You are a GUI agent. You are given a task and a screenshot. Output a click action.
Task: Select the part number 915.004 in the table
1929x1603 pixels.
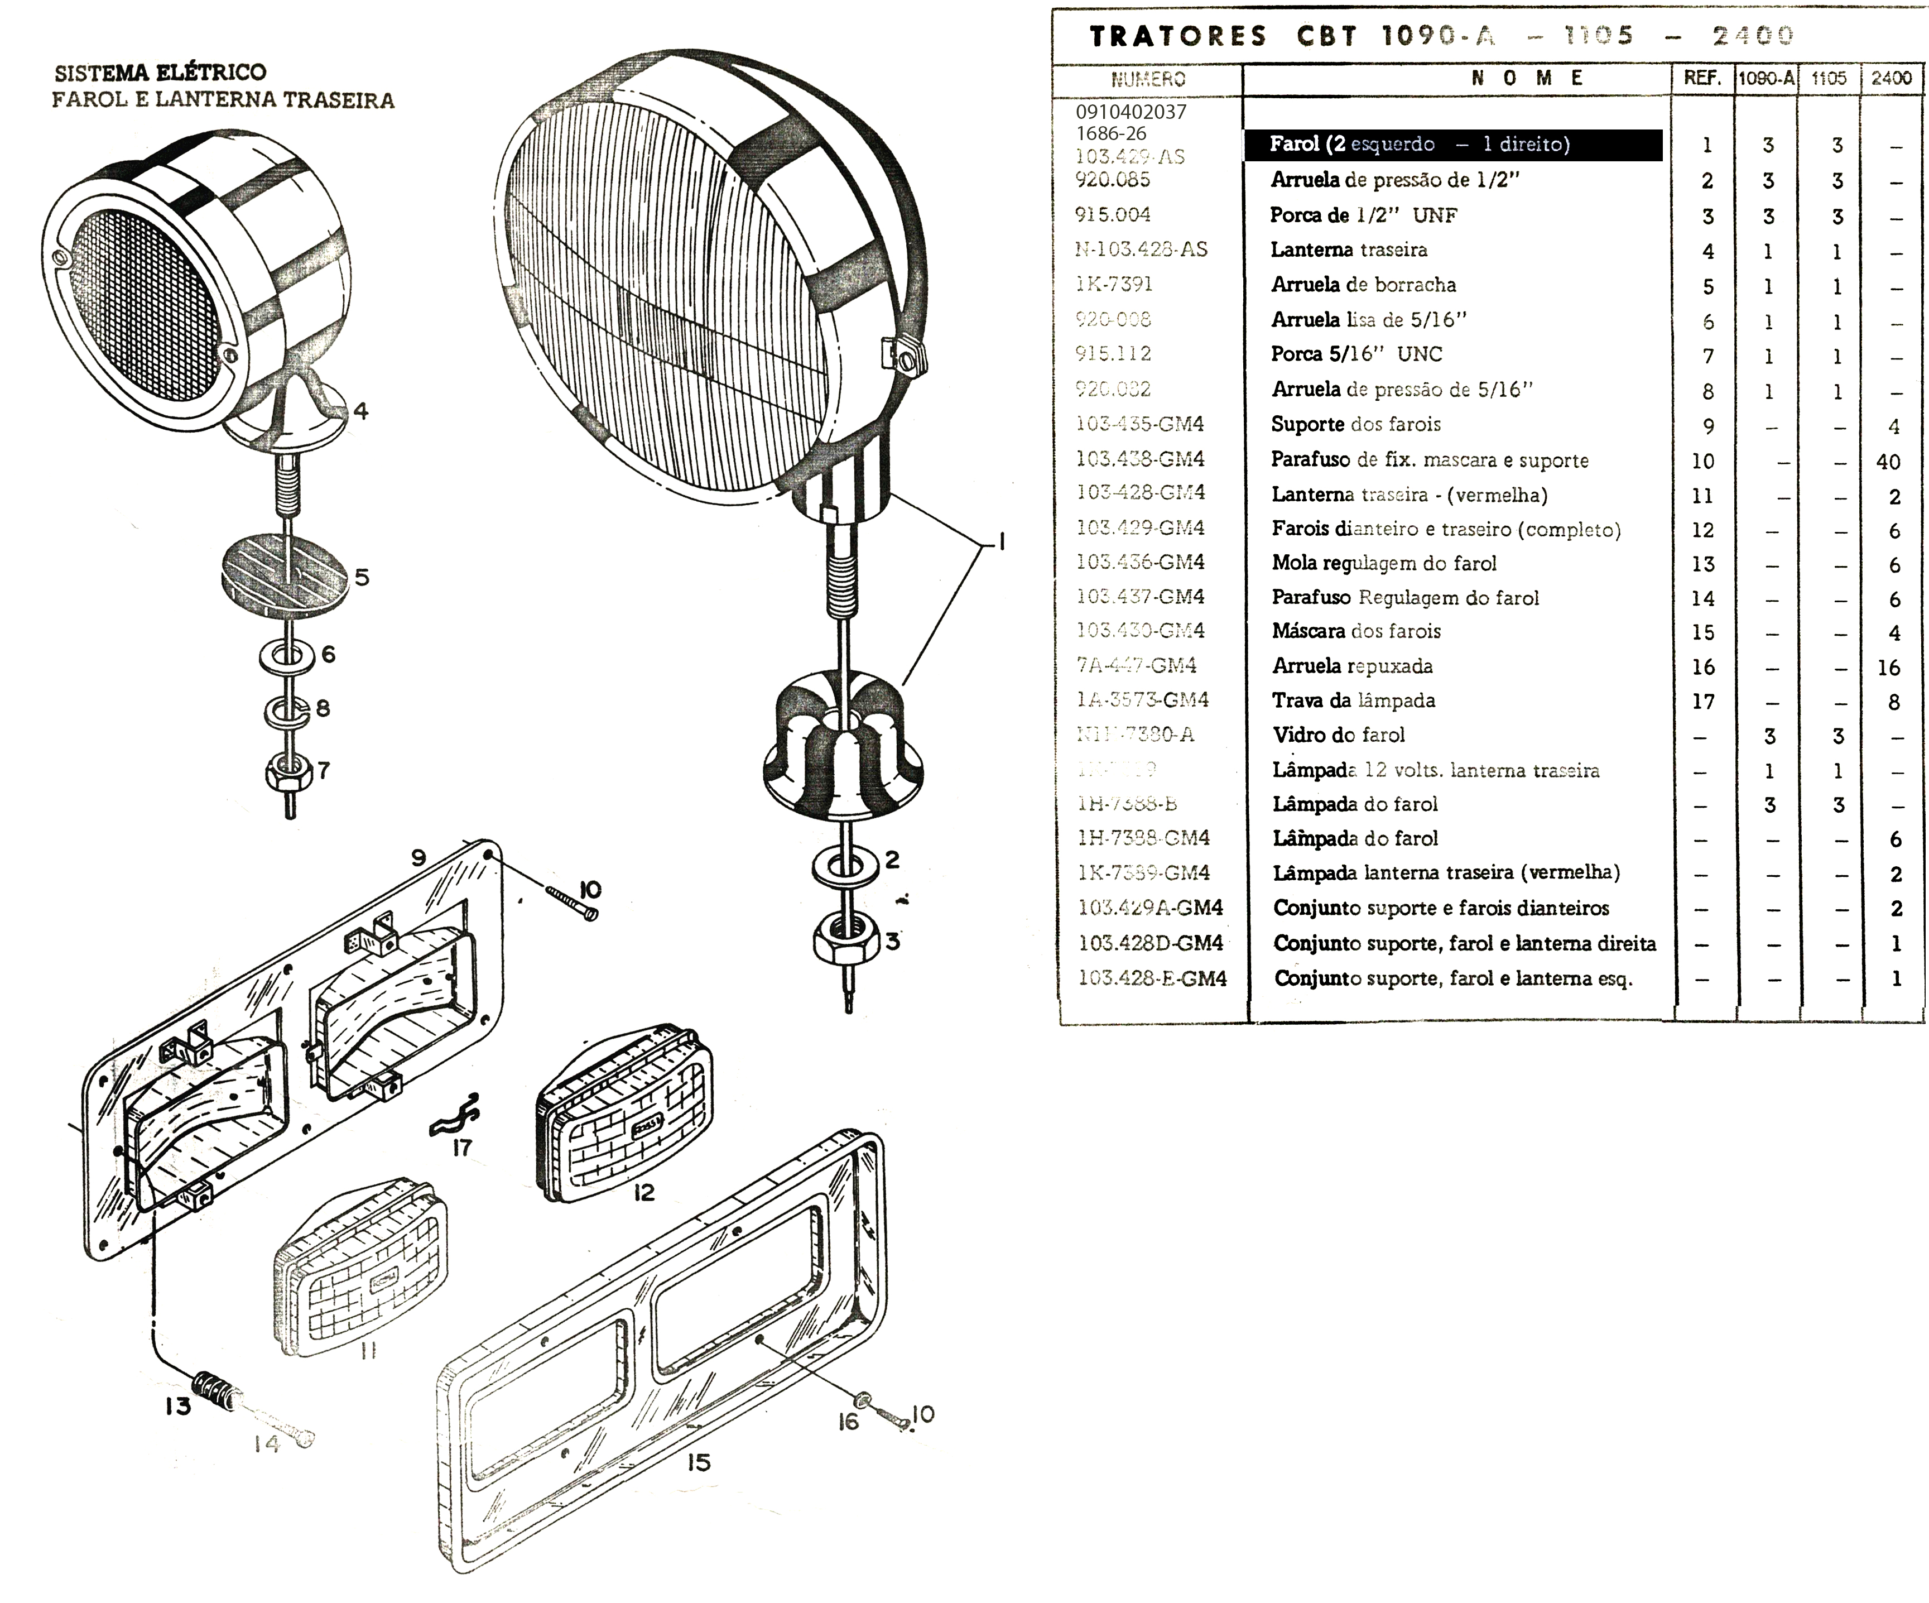[1113, 215]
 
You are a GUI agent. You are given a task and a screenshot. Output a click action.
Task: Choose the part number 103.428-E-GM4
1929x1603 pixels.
[1152, 978]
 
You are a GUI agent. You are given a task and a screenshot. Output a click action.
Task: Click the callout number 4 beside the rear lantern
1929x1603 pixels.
[361, 411]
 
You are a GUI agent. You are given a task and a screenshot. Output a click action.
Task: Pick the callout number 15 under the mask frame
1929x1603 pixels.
[699, 1462]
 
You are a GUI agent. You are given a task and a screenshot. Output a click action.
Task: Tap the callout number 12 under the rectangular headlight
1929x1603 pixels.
[644, 1192]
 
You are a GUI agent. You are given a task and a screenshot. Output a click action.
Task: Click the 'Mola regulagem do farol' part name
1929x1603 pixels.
[1384, 563]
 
